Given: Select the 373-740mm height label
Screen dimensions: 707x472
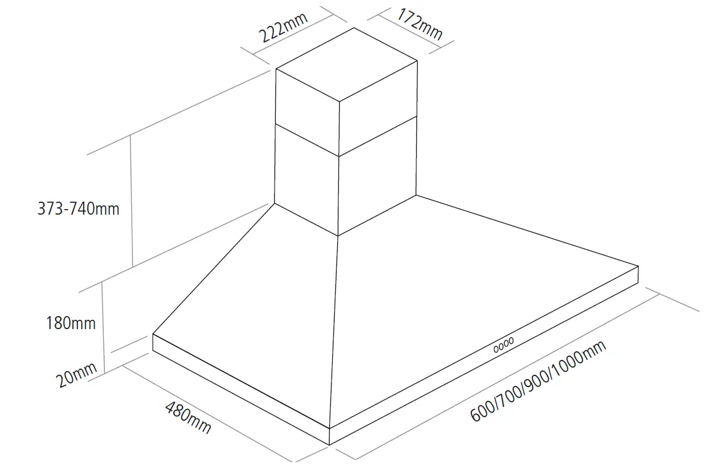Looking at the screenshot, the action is pyautogui.click(x=79, y=208).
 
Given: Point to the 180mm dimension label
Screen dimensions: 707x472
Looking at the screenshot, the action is pyautogui.click(x=71, y=322).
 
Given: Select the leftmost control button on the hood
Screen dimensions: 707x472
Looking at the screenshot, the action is pyautogui.click(x=496, y=349).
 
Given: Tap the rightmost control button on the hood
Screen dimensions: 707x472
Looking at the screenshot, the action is pyautogui.click(x=511, y=341).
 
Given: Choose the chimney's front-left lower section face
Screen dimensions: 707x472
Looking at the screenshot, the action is pyautogui.click(x=306, y=179).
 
